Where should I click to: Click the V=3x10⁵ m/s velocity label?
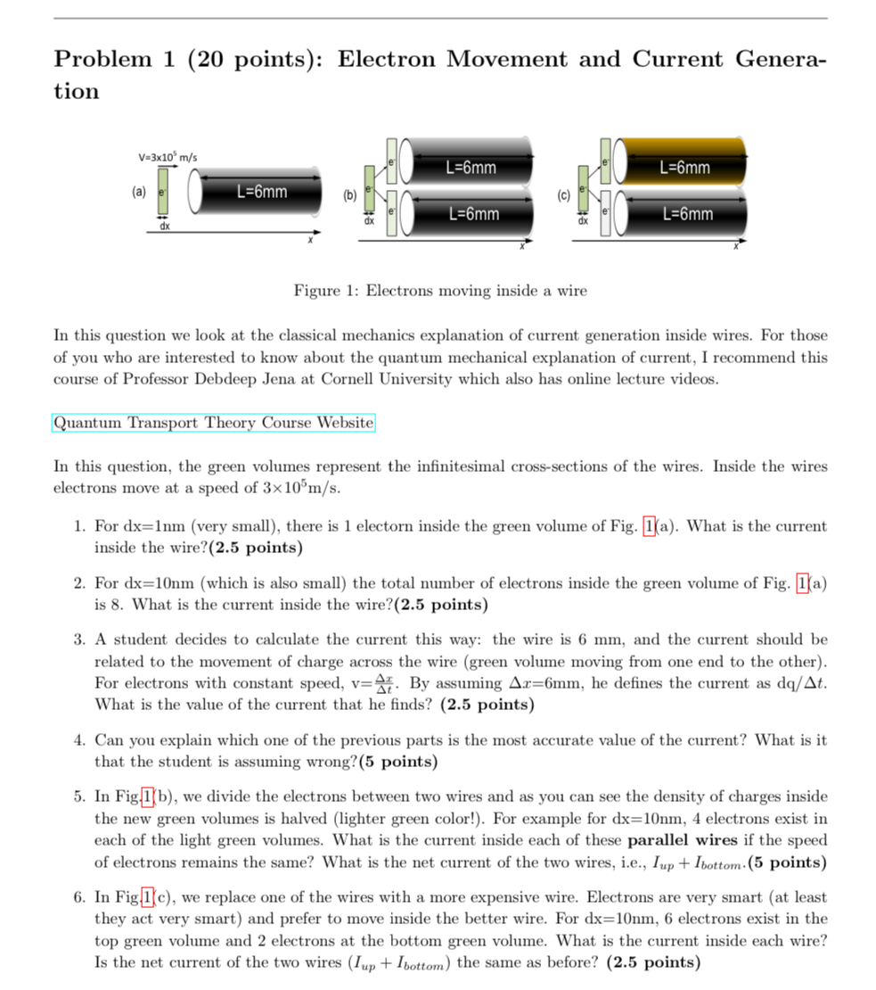click(168, 158)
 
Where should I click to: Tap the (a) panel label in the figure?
click(138, 191)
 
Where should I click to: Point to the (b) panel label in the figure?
click(351, 194)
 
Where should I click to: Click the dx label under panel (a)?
click(164, 227)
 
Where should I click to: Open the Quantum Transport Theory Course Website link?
click(214, 423)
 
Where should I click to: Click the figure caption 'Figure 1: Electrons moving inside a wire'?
click(440, 291)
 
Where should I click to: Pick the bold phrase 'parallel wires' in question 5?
click(683, 840)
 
